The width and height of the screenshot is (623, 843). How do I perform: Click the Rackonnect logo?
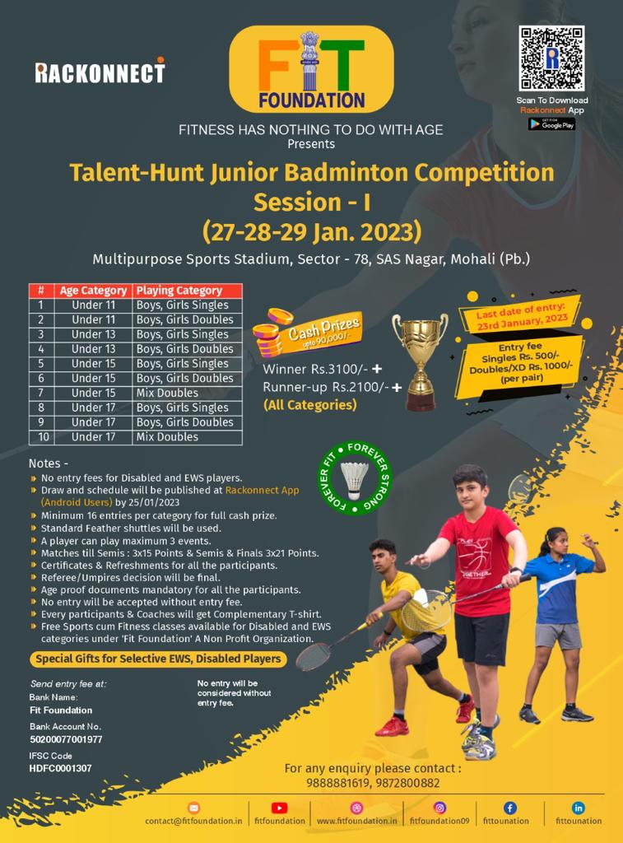(x=100, y=71)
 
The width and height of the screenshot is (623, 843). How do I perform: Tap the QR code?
(x=551, y=58)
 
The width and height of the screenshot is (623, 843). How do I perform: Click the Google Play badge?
(x=551, y=124)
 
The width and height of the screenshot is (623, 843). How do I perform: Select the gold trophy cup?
(x=420, y=362)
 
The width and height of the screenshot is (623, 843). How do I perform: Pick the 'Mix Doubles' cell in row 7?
(x=167, y=393)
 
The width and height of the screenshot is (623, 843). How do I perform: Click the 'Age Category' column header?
(x=93, y=291)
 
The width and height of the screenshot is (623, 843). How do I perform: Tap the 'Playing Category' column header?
(x=179, y=291)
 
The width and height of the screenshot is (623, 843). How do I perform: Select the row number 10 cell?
(x=43, y=437)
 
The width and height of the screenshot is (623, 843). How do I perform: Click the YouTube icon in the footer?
(x=279, y=808)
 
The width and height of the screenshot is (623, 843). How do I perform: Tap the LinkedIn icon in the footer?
(x=579, y=808)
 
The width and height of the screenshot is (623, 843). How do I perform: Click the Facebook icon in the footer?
(x=509, y=808)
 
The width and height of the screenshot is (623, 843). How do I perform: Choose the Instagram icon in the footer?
(x=439, y=808)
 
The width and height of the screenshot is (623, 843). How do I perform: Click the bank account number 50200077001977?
(x=66, y=740)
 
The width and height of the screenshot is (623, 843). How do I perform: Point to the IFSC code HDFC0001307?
(x=60, y=769)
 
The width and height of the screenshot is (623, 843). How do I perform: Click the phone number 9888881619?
(x=338, y=784)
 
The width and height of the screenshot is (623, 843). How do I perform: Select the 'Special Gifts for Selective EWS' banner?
(x=158, y=659)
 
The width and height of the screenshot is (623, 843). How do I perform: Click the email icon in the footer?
(x=193, y=808)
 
